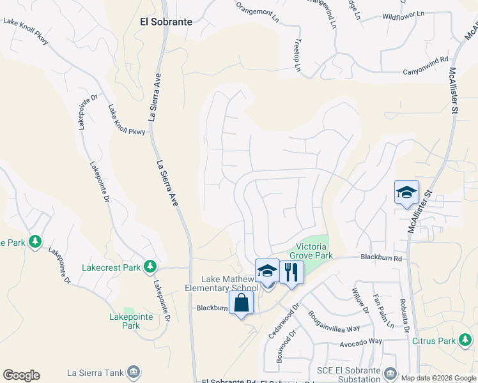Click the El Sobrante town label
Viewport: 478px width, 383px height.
(166, 21)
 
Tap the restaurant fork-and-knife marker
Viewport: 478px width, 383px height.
(291, 273)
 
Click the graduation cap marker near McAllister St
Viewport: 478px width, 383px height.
(406, 193)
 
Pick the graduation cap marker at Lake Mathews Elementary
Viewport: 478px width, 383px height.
(267, 272)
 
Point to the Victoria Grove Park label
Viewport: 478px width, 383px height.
(316, 251)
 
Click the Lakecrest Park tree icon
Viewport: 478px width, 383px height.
(150, 266)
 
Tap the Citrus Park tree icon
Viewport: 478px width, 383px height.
(465, 341)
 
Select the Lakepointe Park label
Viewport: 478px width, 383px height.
(121, 320)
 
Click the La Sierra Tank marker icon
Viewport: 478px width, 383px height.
(134, 372)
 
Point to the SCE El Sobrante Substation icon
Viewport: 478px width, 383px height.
(389, 372)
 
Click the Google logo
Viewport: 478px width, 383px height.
(21, 375)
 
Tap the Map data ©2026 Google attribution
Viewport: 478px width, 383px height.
(438, 378)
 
